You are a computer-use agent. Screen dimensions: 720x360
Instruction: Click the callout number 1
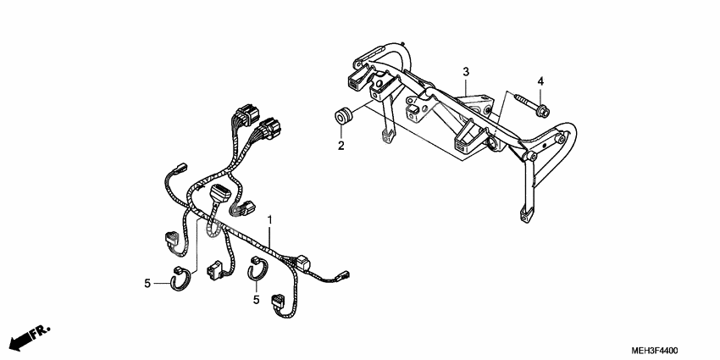click(x=270, y=220)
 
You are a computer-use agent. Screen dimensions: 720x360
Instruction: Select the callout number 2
click(x=341, y=146)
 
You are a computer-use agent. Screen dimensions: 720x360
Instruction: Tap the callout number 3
click(x=466, y=72)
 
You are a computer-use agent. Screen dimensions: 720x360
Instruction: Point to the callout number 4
click(x=540, y=81)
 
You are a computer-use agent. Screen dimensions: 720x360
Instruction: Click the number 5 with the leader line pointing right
click(x=147, y=284)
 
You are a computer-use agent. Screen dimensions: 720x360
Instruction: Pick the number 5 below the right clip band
click(x=256, y=300)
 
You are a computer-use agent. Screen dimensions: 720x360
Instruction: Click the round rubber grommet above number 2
click(x=342, y=115)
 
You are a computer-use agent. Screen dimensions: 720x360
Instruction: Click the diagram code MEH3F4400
click(x=654, y=351)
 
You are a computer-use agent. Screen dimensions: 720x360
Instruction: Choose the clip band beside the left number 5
click(x=180, y=278)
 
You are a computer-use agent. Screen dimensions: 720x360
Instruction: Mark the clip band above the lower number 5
click(x=258, y=269)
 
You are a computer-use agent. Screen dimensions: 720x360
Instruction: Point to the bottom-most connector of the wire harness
click(x=279, y=302)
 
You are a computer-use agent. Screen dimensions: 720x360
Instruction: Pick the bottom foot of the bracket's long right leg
click(x=525, y=214)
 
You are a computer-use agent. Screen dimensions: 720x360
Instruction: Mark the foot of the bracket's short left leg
click(x=387, y=136)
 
